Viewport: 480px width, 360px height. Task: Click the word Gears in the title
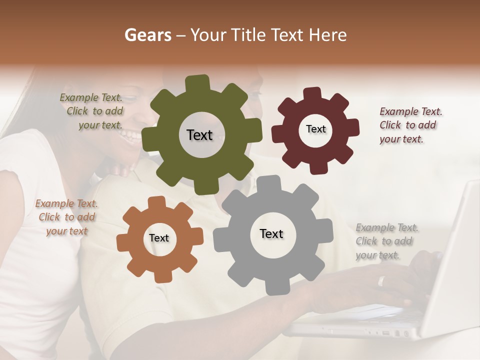[x=147, y=35]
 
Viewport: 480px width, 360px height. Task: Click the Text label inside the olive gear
[x=199, y=135]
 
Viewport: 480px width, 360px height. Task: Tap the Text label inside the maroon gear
[x=315, y=129]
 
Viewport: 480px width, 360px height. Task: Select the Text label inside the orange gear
[x=159, y=238]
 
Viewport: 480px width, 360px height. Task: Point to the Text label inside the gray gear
[x=271, y=233]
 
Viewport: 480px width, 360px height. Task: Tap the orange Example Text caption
[x=66, y=217]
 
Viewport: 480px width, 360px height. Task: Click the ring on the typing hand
[x=381, y=281]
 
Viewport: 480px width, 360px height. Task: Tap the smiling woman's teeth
[x=131, y=135]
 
